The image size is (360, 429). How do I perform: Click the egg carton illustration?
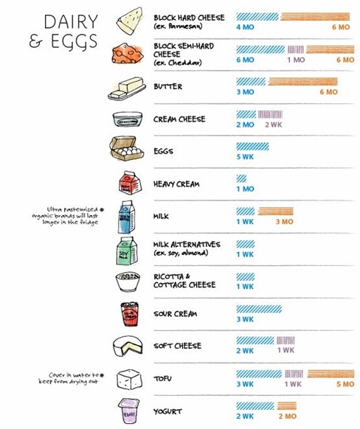pos(126,149)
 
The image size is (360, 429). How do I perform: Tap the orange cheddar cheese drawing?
pos(128,53)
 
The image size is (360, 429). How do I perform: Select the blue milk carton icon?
pos(126,217)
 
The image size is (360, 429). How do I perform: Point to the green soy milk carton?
pos(126,251)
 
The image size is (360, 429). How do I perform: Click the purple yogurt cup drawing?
pos(129,411)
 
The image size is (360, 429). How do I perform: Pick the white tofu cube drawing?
pos(129,380)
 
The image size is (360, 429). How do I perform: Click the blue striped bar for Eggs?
pos(253,147)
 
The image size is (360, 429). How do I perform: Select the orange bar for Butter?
pos(302,82)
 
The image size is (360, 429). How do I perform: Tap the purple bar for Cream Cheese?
pos(270,114)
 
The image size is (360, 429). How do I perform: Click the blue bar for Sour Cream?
pos(259,309)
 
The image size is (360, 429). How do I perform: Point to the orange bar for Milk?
pos(276,212)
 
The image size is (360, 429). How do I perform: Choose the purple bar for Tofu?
pos(294,374)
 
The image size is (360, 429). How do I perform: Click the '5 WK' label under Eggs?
pos(245,157)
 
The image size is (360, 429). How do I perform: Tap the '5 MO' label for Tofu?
pos(345,384)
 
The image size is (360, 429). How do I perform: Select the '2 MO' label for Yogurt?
pos(288,416)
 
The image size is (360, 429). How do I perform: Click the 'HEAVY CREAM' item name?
pos(176,184)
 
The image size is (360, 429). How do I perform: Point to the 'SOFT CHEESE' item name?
pos(177,346)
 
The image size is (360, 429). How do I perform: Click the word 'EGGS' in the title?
pos(75,41)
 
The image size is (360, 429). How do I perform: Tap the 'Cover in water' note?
pos(71,378)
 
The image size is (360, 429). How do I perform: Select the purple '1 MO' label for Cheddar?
pos(296,60)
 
